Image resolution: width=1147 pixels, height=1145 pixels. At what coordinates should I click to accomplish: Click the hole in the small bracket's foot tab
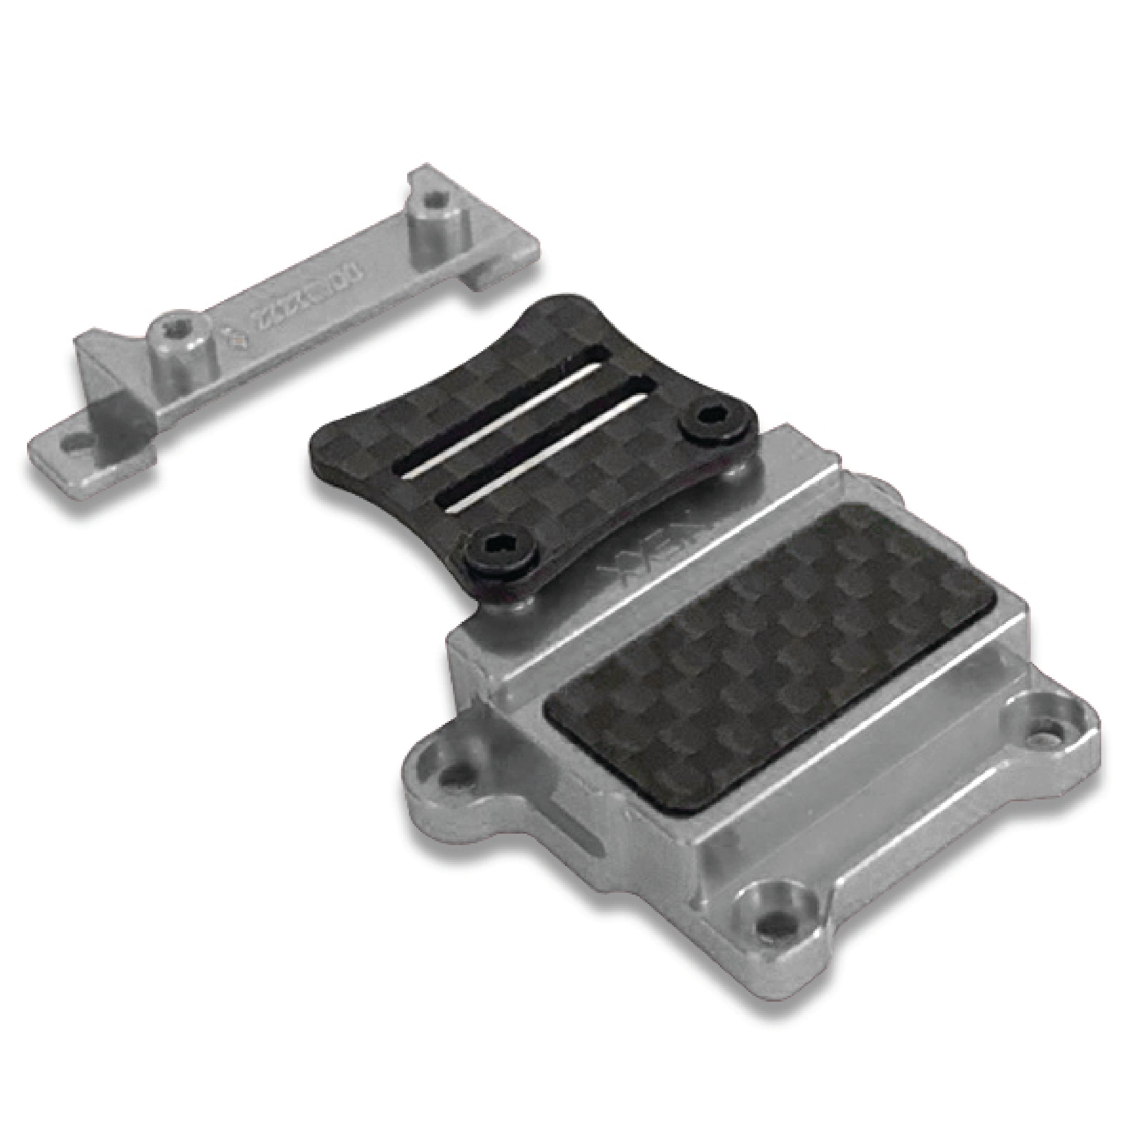pos(76,442)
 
